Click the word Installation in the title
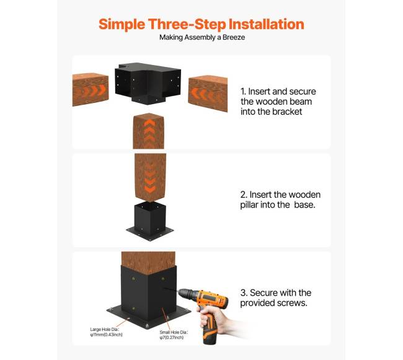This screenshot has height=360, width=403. [266, 24]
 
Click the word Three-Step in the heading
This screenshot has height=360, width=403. [187, 25]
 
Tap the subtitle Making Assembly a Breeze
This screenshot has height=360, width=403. [202, 38]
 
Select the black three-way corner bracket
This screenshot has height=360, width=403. [148, 83]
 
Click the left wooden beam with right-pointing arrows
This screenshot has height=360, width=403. [91, 89]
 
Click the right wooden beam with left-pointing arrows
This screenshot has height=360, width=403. [208, 93]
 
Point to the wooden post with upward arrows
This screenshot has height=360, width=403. [149, 131]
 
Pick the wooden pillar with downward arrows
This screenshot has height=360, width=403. [150, 177]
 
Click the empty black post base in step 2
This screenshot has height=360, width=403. [150, 221]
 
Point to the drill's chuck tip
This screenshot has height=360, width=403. [179, 292]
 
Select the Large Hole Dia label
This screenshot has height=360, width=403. [106, 332]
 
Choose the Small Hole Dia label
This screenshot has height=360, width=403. [174, 335]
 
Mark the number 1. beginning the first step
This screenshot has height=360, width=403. [243, 92]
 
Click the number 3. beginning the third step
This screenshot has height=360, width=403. [244, 293]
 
